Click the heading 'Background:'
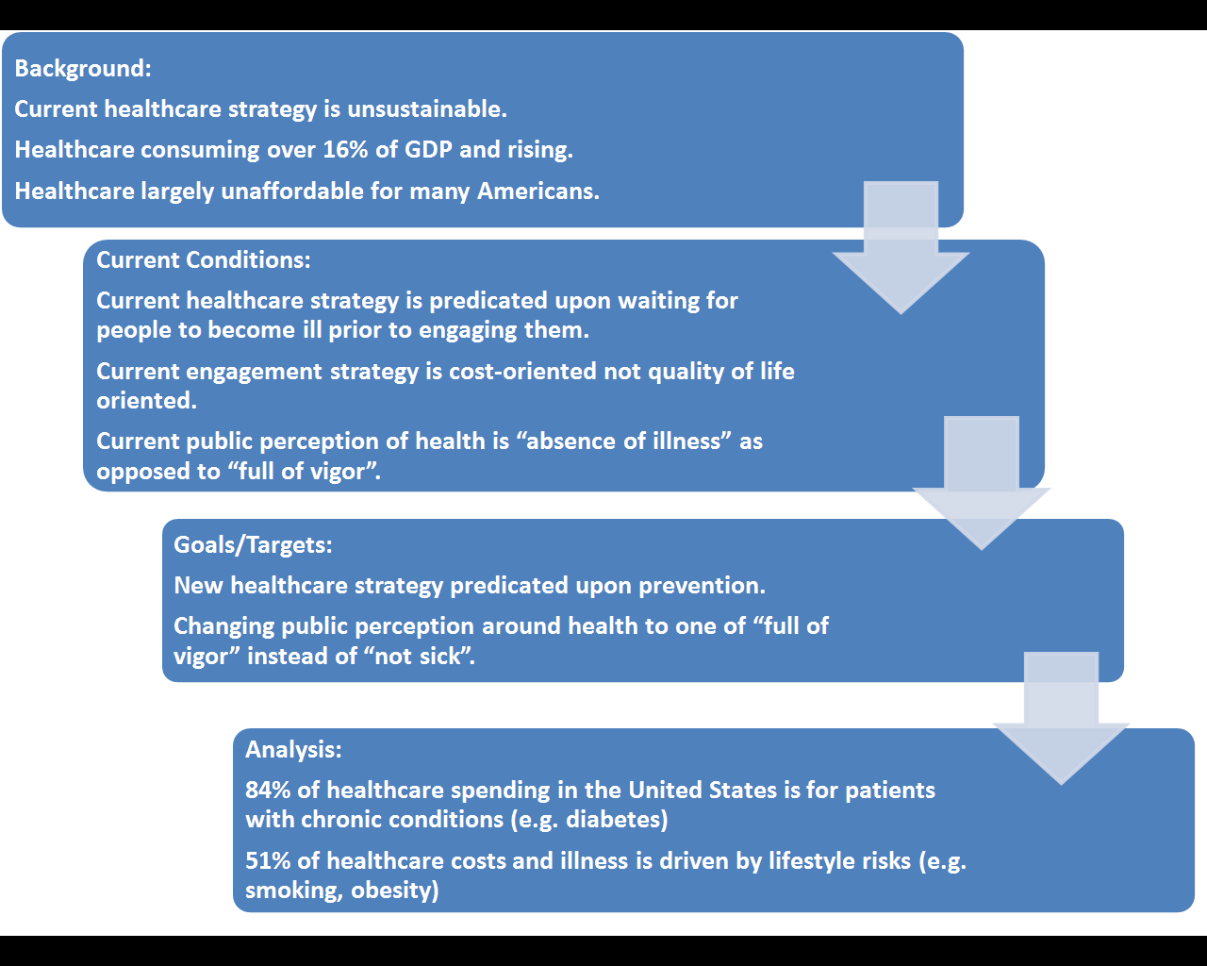83,69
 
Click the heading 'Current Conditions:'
203,260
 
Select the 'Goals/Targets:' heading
253,545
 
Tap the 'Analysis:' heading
293,750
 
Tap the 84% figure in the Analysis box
268,791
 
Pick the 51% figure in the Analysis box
268,861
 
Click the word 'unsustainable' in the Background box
426,109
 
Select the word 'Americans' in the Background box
537,192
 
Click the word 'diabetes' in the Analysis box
616,820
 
